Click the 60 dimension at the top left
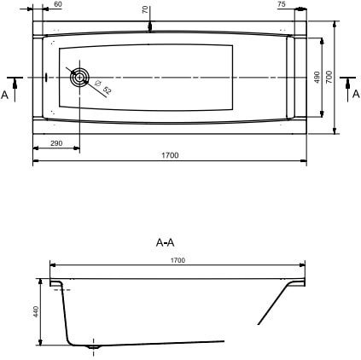tap(57, 4)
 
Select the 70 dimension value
tap(145, 9)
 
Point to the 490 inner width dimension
tap(317, 78)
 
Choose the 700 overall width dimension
tap(329, 78)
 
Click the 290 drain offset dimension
tap(55, 143)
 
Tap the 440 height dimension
tap(37, 312)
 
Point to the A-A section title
tap(166, 242)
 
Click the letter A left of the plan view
tap(5, 95)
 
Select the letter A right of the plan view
tap(355, 95)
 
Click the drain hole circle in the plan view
tap(79, 78)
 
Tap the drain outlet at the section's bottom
tap(94, 346)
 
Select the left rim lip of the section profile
tap(55, 283)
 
